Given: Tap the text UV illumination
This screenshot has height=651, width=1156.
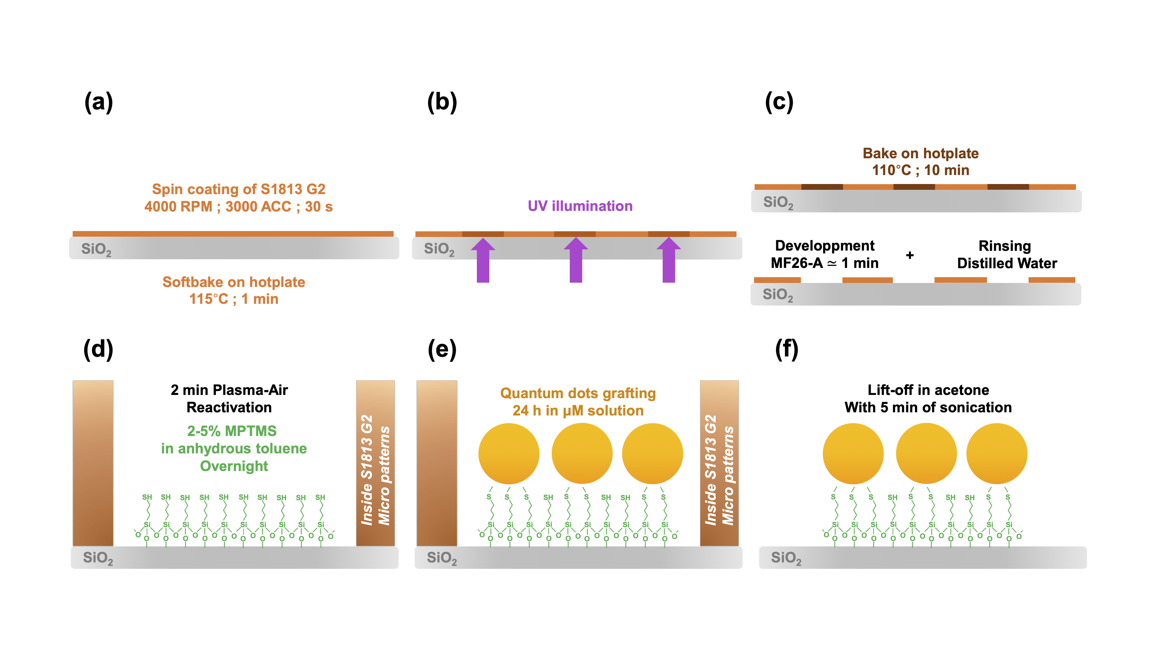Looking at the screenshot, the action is [x=580, y=206].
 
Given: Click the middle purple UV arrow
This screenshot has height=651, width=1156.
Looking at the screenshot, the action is [x=576, y=261].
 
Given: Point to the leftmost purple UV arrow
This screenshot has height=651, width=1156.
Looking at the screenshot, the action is [x=483, y=261].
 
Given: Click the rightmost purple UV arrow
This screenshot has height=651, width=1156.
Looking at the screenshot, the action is [x=669, y=261].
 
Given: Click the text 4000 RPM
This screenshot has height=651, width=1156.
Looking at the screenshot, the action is [x=178, y=207].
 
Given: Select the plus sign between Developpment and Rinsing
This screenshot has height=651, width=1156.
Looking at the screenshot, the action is [x=910, y=255].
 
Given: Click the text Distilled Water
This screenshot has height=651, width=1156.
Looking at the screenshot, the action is [x=1007, y=263].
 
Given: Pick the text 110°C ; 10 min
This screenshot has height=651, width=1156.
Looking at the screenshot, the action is [x=920, y=170].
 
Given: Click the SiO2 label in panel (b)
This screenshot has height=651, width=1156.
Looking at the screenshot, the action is [x=439, y=249].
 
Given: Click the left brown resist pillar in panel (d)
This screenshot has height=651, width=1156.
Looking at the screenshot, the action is [x=93, y=463].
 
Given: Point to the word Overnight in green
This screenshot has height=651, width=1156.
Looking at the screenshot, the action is [x=234, y=466].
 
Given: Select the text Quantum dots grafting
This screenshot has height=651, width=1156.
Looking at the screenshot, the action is [x=578, y=393].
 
